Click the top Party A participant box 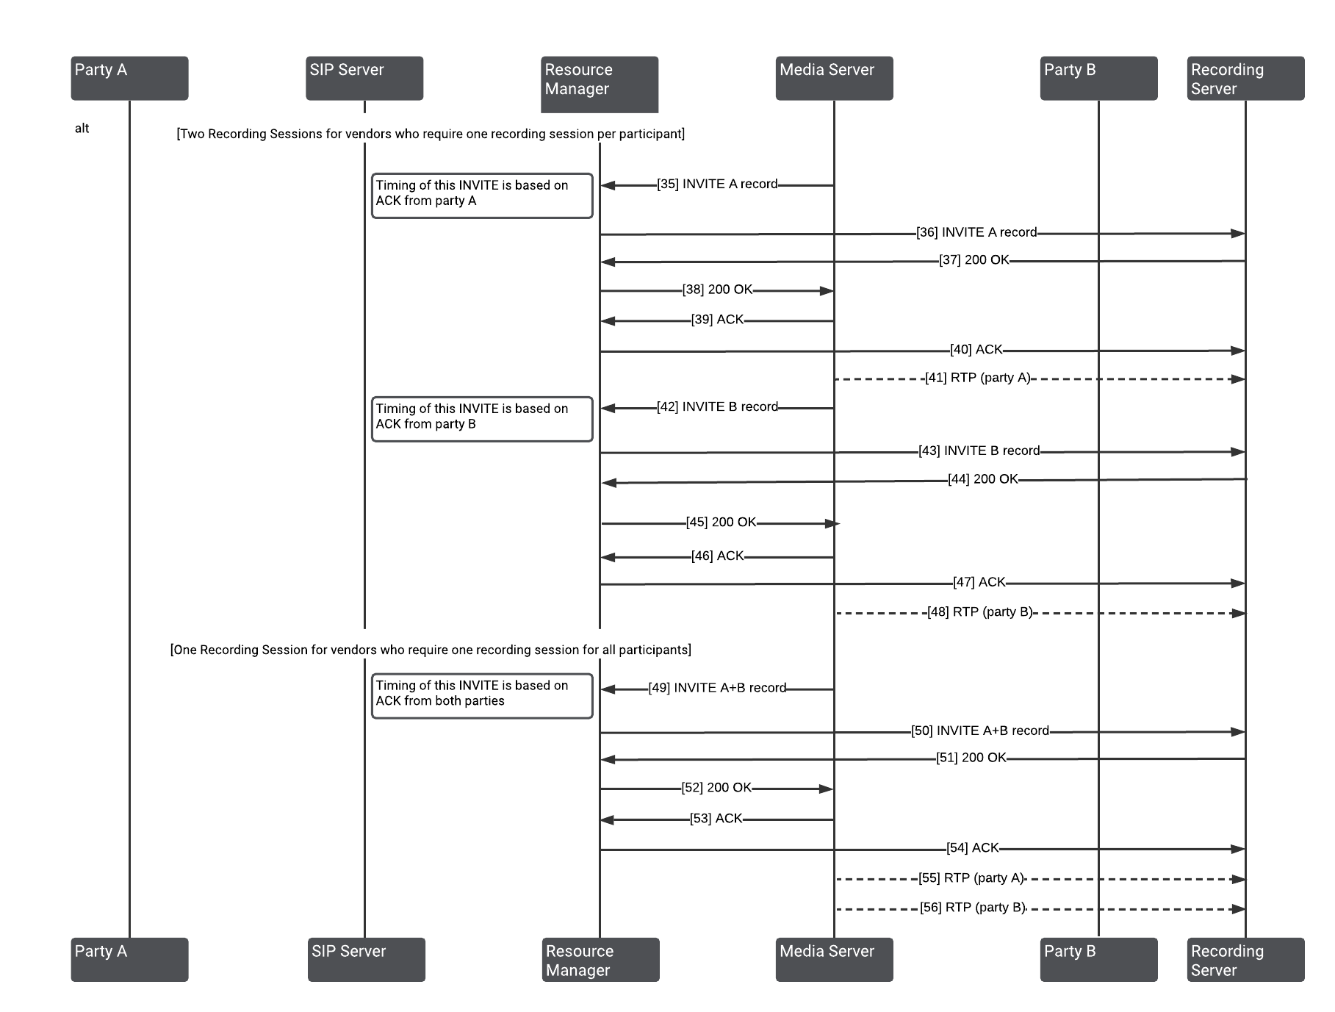coord(129,78)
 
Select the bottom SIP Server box coord(366,959)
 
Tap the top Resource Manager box coord(600,85)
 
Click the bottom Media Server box coord(834,959)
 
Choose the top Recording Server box coord(1245,78)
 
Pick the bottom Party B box coord(1098,959)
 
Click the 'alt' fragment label coord(82,129)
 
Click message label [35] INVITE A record coord(717,184)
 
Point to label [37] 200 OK coord(974,260)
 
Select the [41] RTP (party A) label coord(977,378)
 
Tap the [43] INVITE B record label coord(979,451)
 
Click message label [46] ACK coord(717,556)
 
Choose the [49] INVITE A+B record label coord(717,688)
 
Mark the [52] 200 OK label coord(716,788)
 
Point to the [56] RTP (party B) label coord(973,908)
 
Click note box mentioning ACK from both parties coord(482,696)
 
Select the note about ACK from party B coord(482,419)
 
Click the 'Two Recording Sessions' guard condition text coord(431,134)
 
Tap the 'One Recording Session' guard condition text coord(431,650)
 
